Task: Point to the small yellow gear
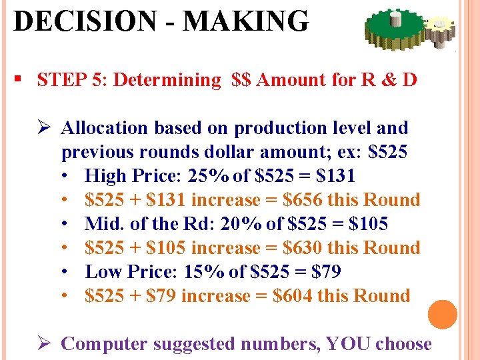point(441,27)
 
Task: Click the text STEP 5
point(70,80)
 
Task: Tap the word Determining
point(167,80)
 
